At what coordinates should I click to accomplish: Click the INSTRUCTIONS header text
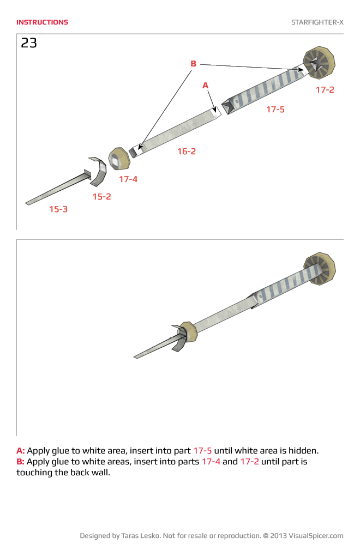[42, 22]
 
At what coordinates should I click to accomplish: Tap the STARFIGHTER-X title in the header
[317, 22]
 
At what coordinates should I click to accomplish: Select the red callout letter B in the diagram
[193, 64]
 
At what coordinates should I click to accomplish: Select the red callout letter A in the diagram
[205, 86]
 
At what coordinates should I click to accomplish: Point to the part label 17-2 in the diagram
[325, 90]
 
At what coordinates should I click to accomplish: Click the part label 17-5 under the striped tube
[275, 110]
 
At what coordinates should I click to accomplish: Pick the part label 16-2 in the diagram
[186, 152]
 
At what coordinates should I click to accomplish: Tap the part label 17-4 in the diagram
[128, 179]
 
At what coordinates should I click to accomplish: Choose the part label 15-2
[101, 197]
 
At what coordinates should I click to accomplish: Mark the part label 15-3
[58, 209]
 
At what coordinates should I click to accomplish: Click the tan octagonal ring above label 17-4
[119, 159]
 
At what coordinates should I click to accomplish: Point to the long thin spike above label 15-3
[55, 190]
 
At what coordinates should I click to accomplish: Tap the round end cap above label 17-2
[319, 63]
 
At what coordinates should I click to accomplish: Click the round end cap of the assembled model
[319, 269]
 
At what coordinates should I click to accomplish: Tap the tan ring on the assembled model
[188, 331]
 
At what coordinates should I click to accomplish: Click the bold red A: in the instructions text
[21, 451]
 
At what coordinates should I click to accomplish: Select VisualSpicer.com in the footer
[316, 536]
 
